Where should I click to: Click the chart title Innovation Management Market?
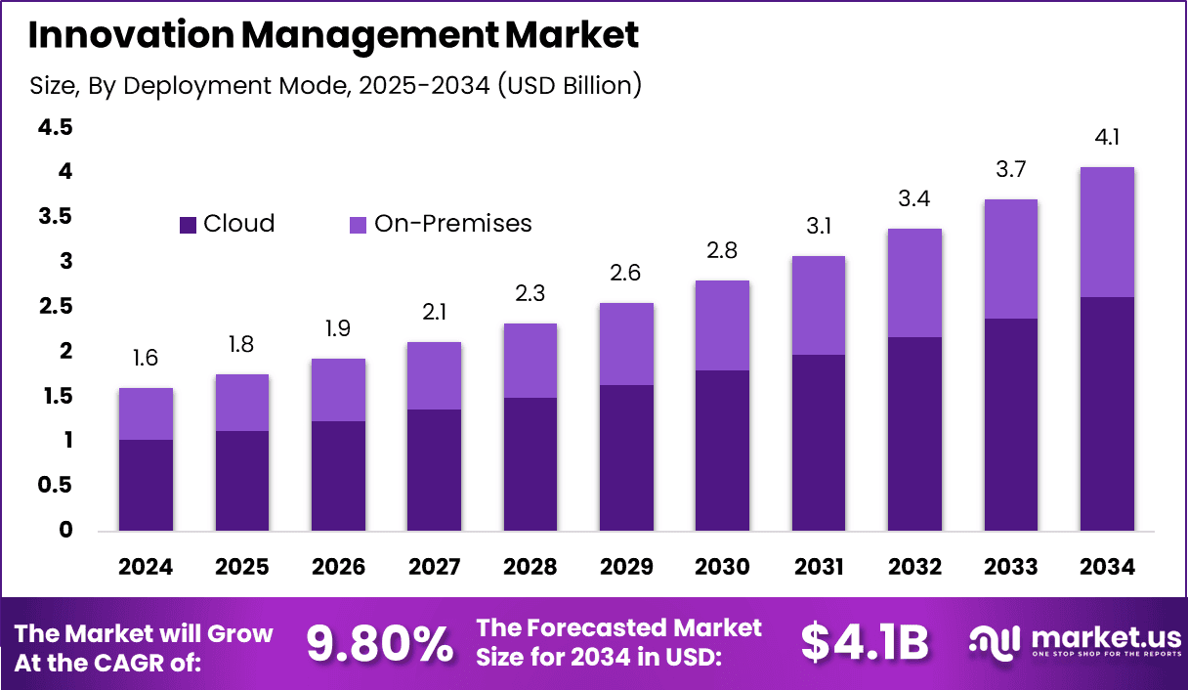click(x=333, y=35)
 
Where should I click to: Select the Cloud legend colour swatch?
click(x=189, y=225)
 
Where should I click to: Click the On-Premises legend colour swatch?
click(x=359, y=225)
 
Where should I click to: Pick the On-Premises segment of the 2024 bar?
click(x=146, y=413)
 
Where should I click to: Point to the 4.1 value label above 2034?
click(x=1107, y=138)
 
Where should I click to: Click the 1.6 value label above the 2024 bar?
click(x=146, y=359)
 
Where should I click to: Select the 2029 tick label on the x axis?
click(x=626, y=567)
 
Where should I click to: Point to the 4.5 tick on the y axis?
click(x=56, y=127)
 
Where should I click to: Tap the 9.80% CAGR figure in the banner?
click(x=380, y=643)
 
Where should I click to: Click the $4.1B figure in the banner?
click(x=864, y=643)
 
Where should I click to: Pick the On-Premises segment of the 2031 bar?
click(x=819, y=305)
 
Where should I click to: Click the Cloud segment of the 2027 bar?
click(x=434, y=469)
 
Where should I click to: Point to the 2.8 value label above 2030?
click(x=722, y=251)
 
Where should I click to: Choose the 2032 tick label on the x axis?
click(x=914, y=567)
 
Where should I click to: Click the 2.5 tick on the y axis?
click(x=56, y=307)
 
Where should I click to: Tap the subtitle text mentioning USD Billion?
click(x=335, y=86)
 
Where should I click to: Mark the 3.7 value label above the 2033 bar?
click(x=1011, y=170)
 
